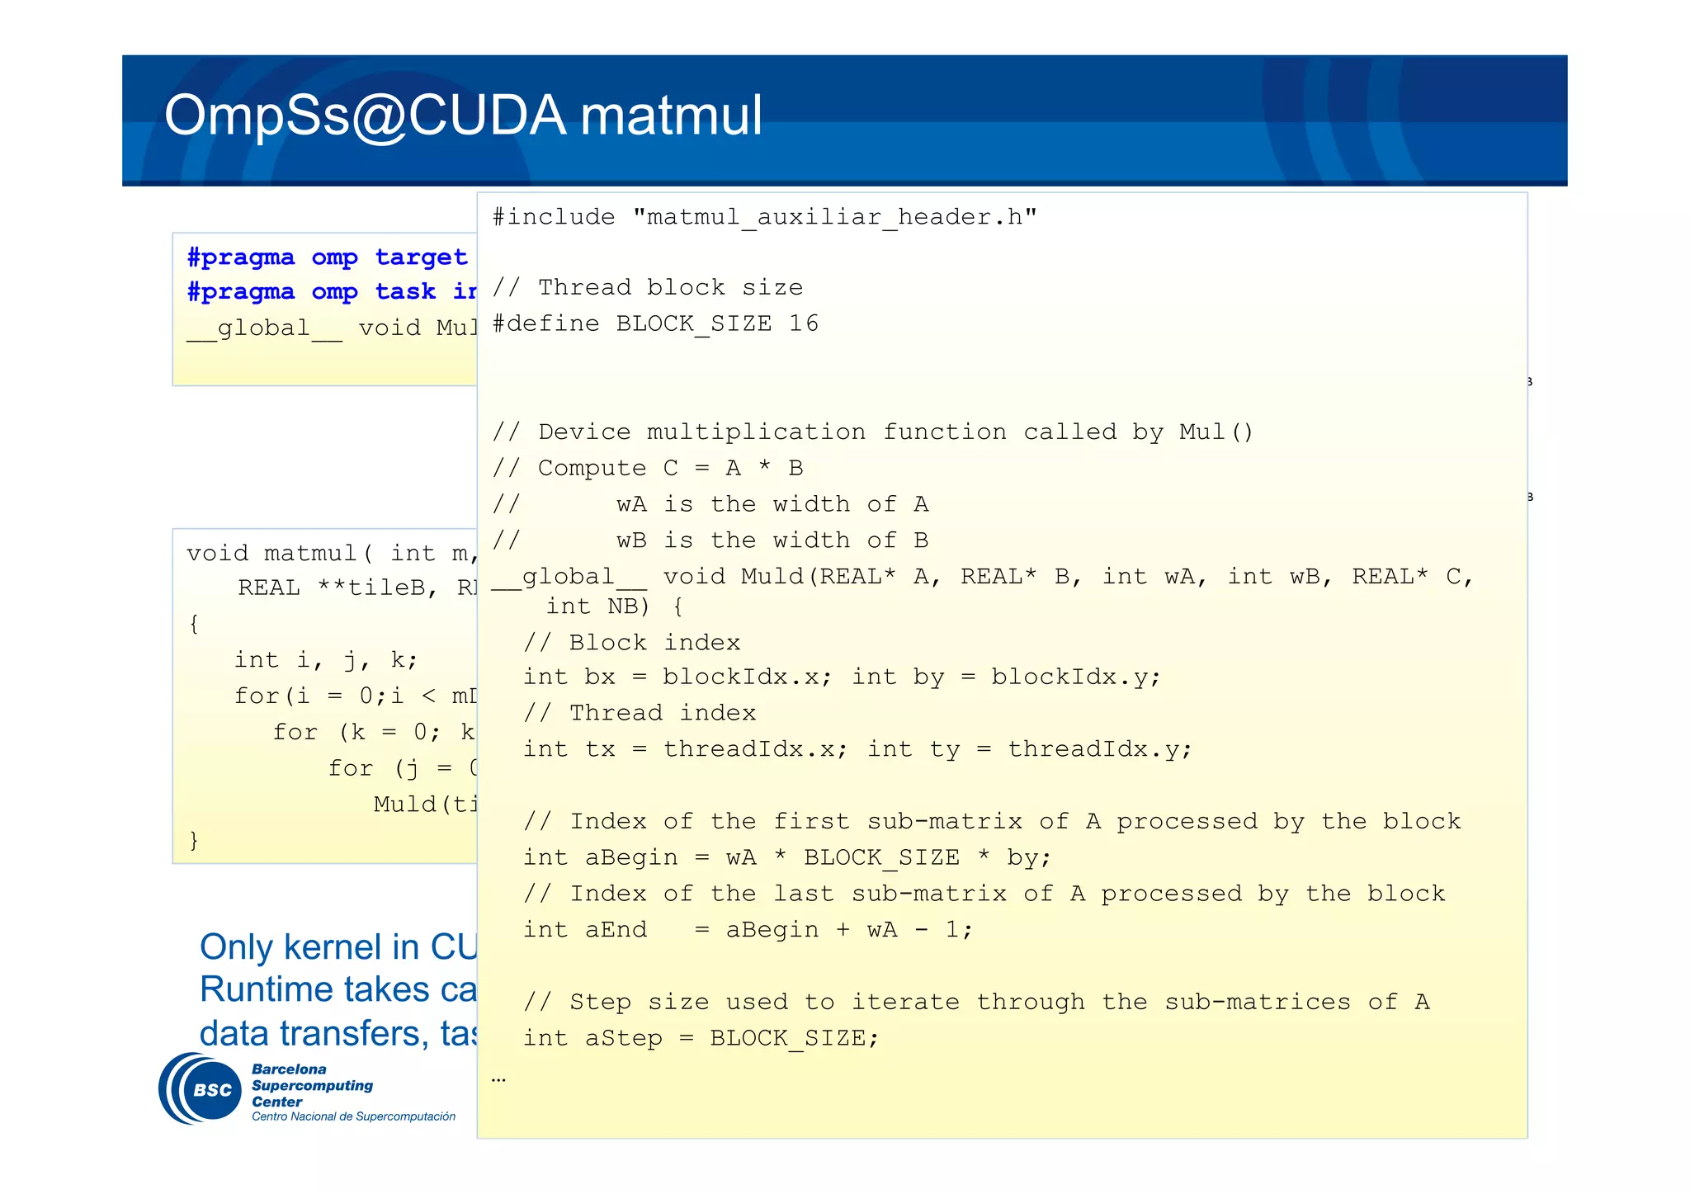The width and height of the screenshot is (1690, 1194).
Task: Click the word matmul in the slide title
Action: coord(671,116)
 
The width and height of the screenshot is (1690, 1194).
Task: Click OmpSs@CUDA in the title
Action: coord(366,116)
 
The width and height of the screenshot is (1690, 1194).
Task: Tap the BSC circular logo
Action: coord(200,1088)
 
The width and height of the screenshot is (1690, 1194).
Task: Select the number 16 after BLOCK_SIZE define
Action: coord(803,323)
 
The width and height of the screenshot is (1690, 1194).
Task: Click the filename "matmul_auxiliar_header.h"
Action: coord(834,217)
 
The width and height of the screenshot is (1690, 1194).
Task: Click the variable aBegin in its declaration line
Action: coord(631,857)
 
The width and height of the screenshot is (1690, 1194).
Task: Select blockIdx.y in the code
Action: coord(1075,677)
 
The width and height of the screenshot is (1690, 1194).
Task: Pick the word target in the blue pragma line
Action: coord(421,257)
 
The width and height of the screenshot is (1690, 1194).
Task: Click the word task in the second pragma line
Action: coord(405,292)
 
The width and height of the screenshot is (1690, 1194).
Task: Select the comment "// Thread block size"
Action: coord(647,287)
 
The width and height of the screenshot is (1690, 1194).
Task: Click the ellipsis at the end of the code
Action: coord(498,1078)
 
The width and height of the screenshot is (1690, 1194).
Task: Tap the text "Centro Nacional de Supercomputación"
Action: coord(353,1116)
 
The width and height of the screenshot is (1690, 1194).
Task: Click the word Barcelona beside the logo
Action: coord(289,1069)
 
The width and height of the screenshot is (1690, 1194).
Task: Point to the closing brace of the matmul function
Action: coord(194,840)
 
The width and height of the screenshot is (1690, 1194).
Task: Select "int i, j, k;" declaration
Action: coord(326,660)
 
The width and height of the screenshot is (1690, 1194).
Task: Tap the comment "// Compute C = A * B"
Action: coord(647,468)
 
